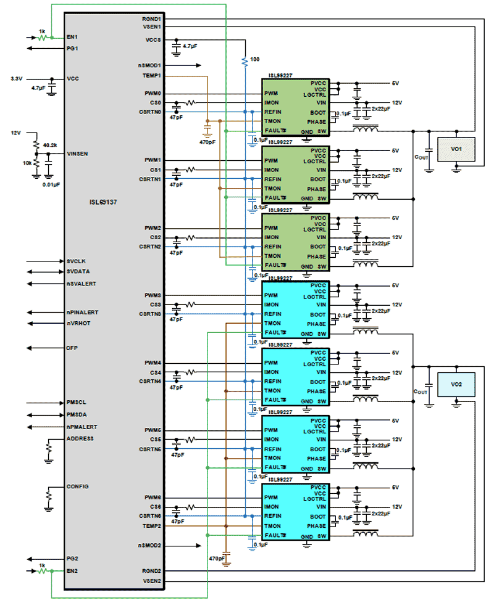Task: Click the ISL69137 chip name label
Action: click(103, 202)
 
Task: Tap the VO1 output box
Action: click(456, 149)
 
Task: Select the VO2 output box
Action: click(456, 384)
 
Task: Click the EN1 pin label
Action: click(72, 37)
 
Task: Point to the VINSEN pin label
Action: click(77, 154)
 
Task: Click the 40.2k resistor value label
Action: click(50, 145)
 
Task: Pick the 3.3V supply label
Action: click(17, 79)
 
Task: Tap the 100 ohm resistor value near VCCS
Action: click(255, 59)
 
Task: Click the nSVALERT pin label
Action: click(81, 284)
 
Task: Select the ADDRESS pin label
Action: click(80, 438)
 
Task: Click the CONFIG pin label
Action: click(77, 486)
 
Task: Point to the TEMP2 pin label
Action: click(152, 526)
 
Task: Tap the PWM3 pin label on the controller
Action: click(153, 295)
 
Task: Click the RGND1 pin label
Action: click(151, 19)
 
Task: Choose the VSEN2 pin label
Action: click(152, 581)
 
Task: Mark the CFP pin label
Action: click(72, 348)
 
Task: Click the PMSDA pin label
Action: click(77, 414)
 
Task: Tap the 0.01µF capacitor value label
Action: click(51, 184)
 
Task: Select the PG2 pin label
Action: click(72, 558)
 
